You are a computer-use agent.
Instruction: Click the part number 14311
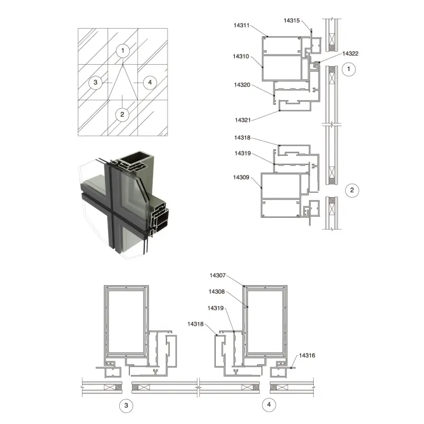tap(241, 25)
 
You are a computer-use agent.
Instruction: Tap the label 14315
tap(291, 21)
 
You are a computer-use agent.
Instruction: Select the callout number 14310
tap(241, 57)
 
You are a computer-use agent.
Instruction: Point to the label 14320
tap(242, 85)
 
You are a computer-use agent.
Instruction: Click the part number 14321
tap(243, 120)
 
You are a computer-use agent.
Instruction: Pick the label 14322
tap(350, 54)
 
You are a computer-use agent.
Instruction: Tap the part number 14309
tap(241, 178)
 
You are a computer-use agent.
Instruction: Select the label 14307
tap(217, 276)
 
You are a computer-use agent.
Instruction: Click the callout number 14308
tap(217, 292)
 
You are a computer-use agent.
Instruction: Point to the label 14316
tap(307, 356)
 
